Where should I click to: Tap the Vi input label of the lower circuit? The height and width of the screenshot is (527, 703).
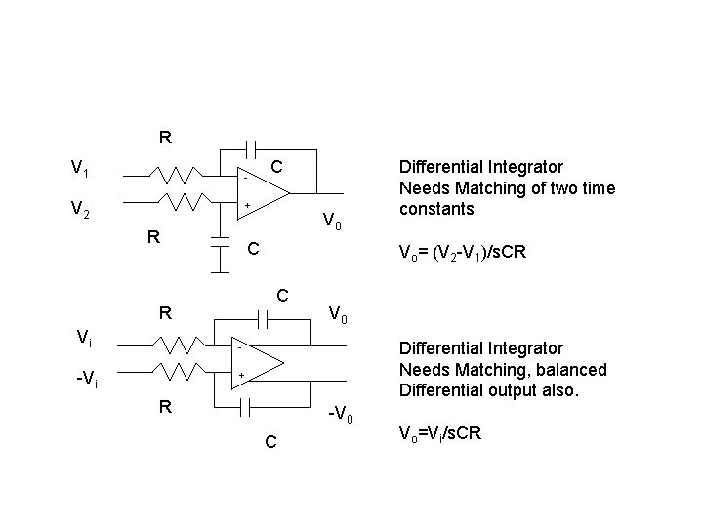pos(85,338)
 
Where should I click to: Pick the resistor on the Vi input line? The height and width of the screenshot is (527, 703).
pos(176,345)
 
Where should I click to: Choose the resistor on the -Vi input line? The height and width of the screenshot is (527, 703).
pos(176,373)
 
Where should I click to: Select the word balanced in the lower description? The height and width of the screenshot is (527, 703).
pos(569,369)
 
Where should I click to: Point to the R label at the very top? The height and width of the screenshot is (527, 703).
pos(165,138)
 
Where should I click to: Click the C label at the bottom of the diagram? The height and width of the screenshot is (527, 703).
pos(270,443)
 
